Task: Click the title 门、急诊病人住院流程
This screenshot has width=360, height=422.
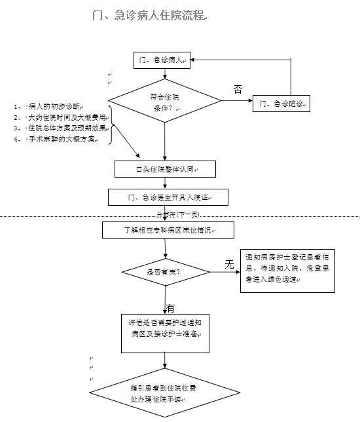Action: click(x=149, y=16)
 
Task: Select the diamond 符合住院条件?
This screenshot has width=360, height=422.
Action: click(x=165, y=103)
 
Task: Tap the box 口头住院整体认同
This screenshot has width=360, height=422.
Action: click(x=165, y=170)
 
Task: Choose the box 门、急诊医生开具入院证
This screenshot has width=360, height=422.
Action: click(x=168, y=197)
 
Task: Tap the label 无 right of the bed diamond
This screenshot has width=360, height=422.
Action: click(x=229, y=264)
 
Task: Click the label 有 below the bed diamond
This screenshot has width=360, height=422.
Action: click(x=171, y=308)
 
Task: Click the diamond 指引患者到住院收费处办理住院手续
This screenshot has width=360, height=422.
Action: click(x=165, y=394)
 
